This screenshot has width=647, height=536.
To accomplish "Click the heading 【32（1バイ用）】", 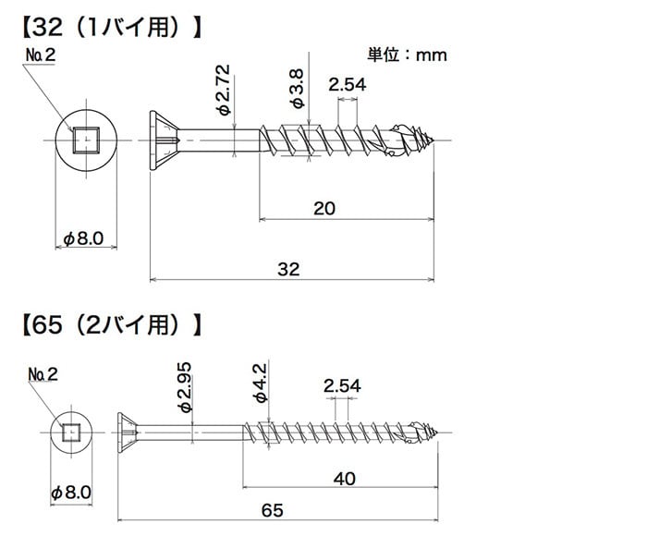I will click(110, 25).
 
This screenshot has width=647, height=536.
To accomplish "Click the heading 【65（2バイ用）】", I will click(110, 324).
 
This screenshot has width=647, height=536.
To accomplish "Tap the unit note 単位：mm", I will click(407, 55).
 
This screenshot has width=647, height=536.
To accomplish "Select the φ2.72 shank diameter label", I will click(223, 90).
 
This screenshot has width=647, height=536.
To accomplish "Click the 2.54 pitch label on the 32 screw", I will click(348, 85).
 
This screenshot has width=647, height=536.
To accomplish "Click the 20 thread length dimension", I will click(323, 209).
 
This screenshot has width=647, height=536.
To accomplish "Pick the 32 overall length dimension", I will click(289, 269).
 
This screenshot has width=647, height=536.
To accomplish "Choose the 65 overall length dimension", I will click(275, 509).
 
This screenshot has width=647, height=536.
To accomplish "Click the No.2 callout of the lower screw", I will click(43, 373).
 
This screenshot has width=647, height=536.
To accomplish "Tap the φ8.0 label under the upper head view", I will click(85, 239).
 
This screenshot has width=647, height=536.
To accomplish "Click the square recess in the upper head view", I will click(85, 140).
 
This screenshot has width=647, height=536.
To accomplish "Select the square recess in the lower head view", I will click(71, 431).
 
